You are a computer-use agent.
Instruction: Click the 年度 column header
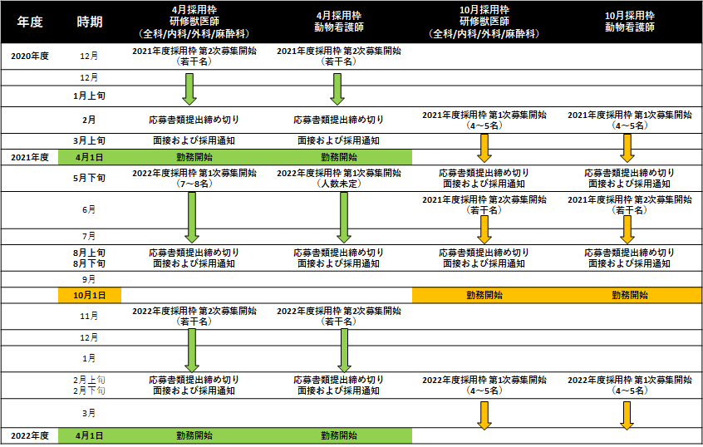30,22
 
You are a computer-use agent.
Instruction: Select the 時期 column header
90,22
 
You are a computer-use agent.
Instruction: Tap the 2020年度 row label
30,56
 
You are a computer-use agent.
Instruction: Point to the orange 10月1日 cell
90,295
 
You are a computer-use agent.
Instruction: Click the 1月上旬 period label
89,96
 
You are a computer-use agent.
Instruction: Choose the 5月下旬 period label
89,178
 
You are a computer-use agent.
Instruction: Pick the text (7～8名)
194,184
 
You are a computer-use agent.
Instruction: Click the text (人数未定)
339,184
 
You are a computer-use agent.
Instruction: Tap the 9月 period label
89,279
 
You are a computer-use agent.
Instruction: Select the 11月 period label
89,316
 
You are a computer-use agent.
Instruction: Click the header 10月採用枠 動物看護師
630,22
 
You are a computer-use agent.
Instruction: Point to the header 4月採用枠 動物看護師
339,22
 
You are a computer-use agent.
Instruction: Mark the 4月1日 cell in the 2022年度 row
89,435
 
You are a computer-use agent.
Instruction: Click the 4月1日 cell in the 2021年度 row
89,157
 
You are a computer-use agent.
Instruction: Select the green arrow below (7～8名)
192,218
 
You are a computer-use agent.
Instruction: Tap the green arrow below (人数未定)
344,218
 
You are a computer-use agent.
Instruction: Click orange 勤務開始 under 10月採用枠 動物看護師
630,295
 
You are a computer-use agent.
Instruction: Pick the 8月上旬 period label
89,253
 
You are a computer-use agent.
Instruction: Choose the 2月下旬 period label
89,391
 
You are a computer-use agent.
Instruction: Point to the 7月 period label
89,236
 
